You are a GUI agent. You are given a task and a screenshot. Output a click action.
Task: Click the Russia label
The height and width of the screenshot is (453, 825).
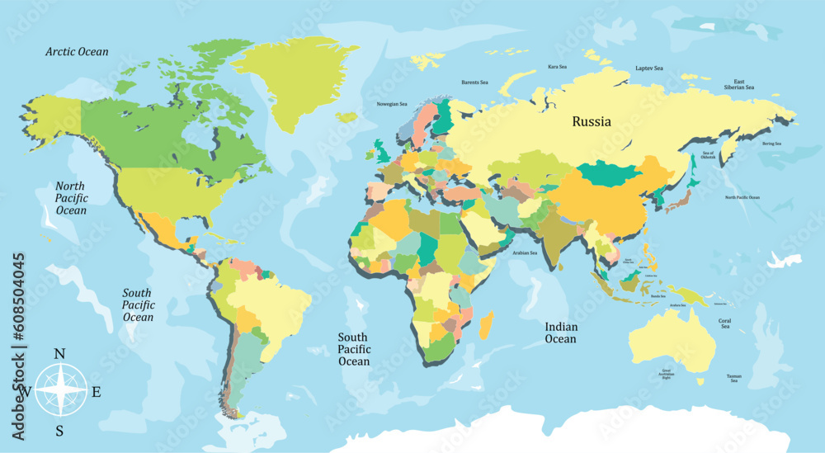coord(592,122)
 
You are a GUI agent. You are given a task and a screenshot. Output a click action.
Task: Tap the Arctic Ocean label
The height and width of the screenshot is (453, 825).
coord(77,52)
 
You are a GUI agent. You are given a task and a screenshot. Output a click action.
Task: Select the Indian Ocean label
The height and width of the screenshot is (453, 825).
coord(560,333)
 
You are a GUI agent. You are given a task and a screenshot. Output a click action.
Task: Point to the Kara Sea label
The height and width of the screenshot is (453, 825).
coord(558,67)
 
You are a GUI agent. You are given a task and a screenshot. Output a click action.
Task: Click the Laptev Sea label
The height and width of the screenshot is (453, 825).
coord(649,68)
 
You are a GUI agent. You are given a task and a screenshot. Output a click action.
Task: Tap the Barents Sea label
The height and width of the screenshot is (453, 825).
coord(474,83)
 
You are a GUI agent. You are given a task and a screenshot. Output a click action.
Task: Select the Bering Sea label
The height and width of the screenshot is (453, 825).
coord(771,144)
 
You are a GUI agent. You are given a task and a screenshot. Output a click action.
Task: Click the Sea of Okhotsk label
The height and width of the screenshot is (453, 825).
coord(708,156)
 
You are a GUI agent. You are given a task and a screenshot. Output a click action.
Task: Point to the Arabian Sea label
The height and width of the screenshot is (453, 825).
coord(525,253)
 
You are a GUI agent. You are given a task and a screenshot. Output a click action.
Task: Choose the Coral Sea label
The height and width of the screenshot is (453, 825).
coord(724,323)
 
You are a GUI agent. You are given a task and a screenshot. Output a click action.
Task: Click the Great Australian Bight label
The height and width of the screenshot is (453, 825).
coord(666,373)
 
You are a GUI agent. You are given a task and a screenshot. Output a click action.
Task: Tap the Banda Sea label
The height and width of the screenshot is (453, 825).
coord(658,295)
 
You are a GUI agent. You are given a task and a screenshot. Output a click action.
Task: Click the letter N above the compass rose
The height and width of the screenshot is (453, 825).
coord(59,354)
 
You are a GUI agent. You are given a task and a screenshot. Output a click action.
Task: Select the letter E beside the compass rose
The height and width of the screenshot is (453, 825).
coord(96,392)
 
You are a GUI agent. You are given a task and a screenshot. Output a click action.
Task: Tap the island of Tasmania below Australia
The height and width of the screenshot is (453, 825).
coord(700,381)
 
